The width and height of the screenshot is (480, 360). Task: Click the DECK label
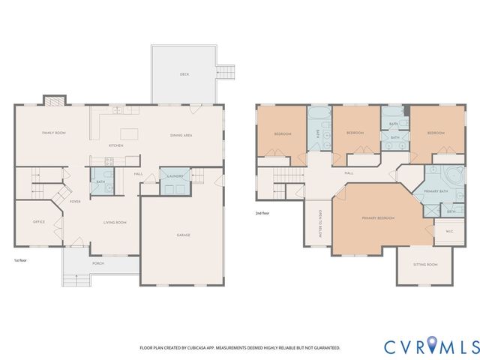(x=184, y=74)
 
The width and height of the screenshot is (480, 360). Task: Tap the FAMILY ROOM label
(x=54, y=133)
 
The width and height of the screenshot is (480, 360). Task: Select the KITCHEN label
(x=116, y=145)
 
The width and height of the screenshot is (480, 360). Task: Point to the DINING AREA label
(x=181, y=135)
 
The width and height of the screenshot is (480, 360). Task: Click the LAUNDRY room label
(x=175, y=176)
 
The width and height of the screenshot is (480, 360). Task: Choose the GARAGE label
(x=183, y=235)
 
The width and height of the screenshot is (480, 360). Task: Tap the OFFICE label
(x=39, y=222)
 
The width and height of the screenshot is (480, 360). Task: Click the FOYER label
(x=75, y=202)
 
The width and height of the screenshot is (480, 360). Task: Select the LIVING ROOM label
(x=115, y=222)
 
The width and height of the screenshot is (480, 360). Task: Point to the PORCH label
(x=97, y=263)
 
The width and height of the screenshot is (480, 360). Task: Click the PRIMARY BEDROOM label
(x=378, y=218)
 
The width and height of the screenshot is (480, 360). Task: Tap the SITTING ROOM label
(x=425, y=265)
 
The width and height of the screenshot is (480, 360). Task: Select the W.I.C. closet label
(x=439, y=232)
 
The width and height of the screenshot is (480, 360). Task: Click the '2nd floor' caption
(x=263, y=213)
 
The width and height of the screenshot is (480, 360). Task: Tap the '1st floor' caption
(x=22, y=260)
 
